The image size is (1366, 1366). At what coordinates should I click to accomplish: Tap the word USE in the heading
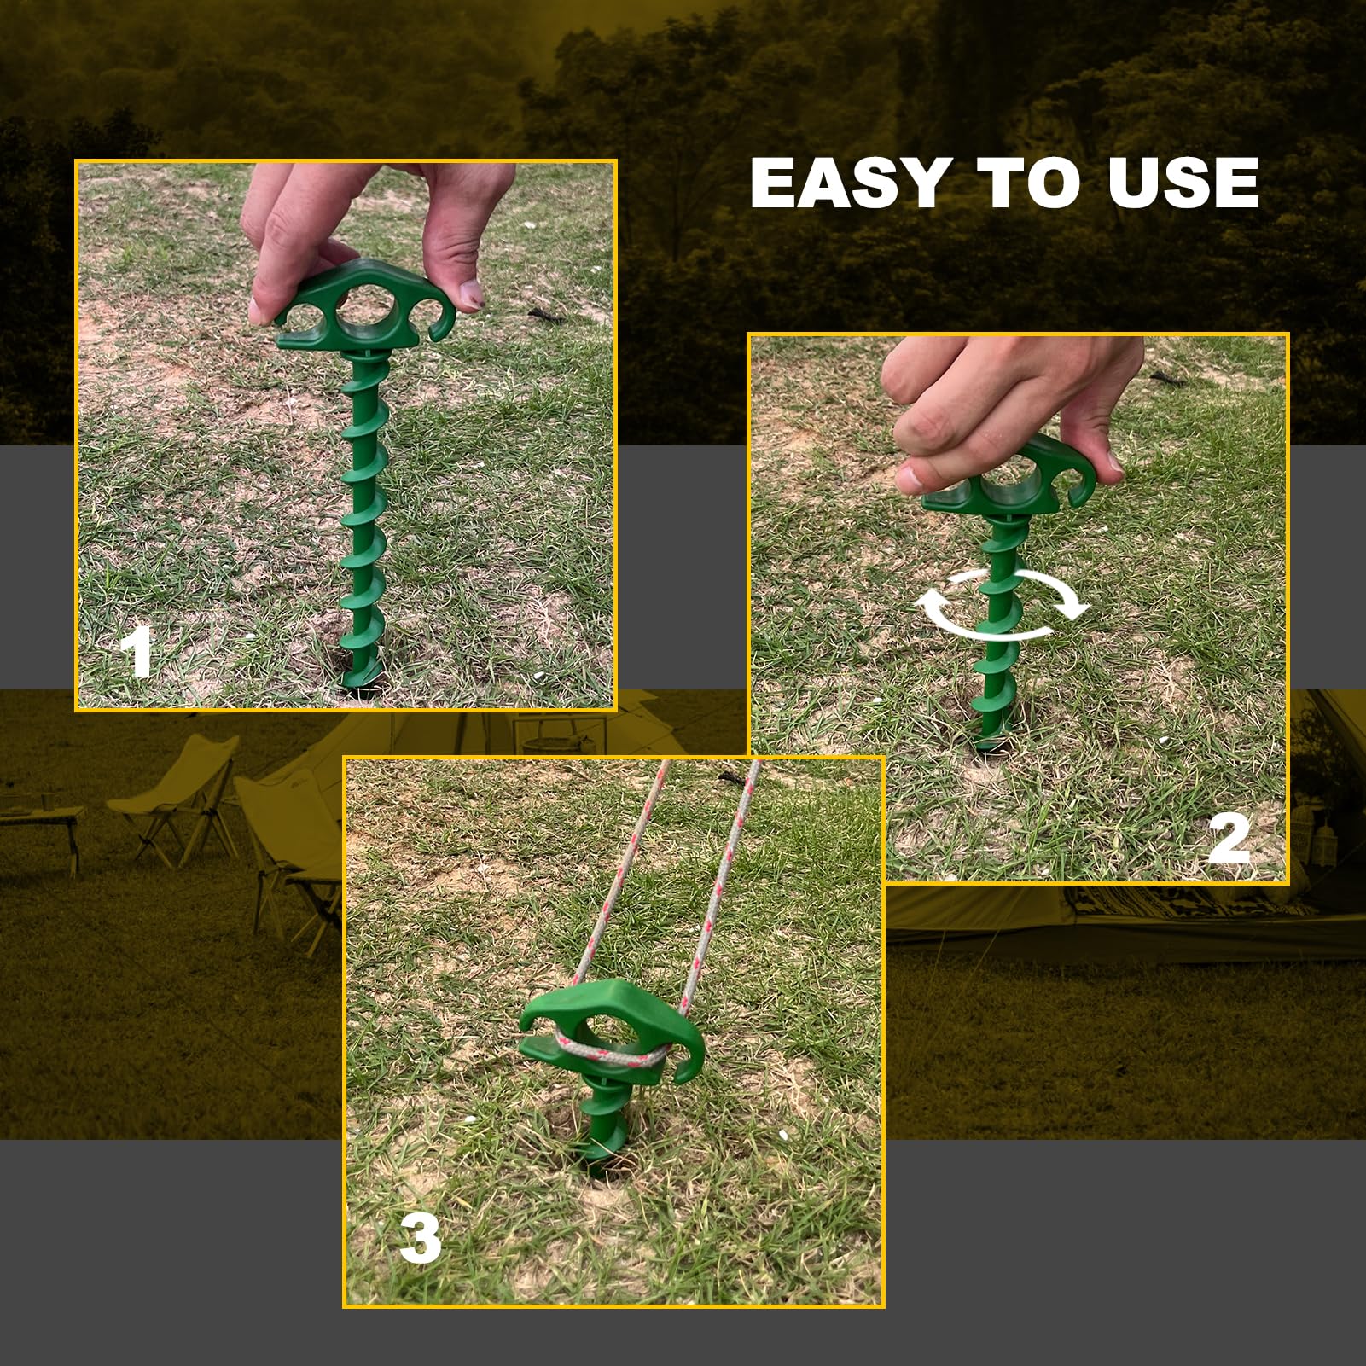(x=1183, y=183)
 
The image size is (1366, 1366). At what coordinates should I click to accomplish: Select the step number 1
(x=137, y=652)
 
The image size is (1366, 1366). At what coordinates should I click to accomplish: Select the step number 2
(x=1229, y=840)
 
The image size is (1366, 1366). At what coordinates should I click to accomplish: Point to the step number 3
(x=420, y=1239)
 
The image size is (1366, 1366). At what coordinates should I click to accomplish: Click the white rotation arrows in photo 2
(x=1003, y=606)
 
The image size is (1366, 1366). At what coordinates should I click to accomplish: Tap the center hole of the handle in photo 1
(x=365, y=305)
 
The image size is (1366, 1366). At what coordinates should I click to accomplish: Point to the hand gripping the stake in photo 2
(x=1007, y=401)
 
